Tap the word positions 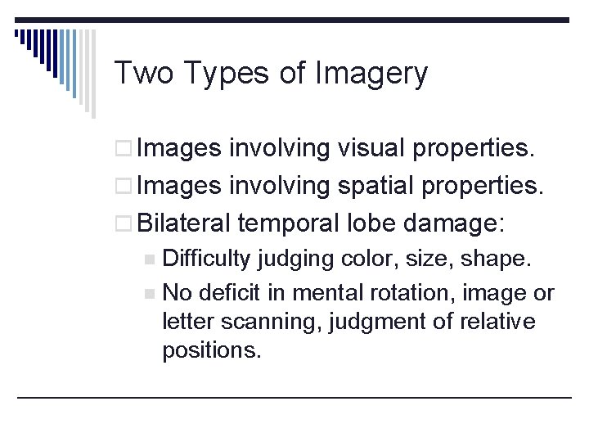pyautogui.click(x=212, y=352)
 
